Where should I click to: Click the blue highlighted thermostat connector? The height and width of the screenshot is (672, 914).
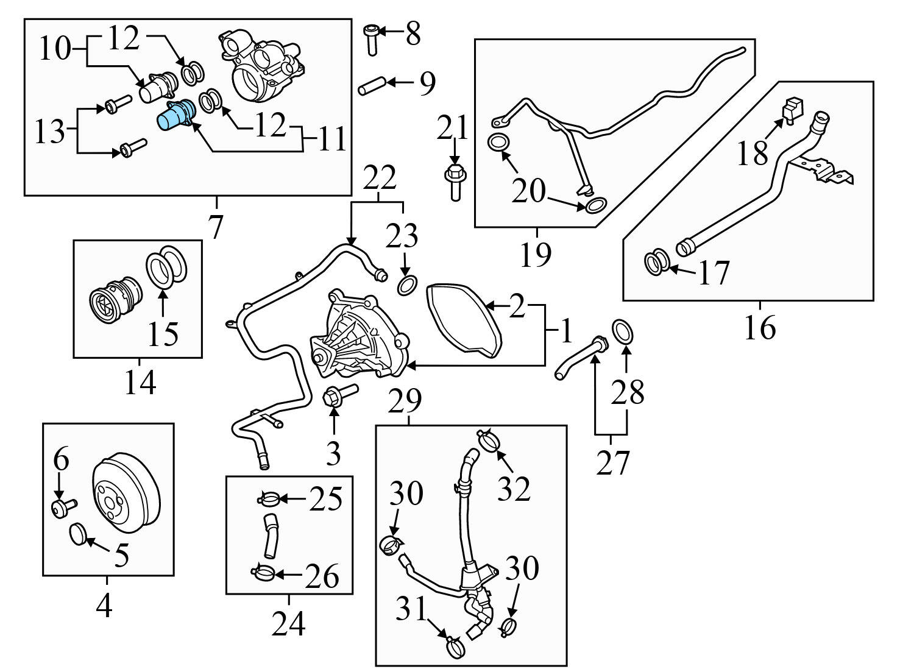click(x=175, y=116)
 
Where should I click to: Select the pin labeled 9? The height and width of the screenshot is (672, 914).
click(x=369, y=85)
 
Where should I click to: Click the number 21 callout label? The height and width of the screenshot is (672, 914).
click(x=454, y=129)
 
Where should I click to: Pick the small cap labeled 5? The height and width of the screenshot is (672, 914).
click(x=77, y=534)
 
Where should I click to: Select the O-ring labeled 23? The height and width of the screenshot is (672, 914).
click(x=408, y=285)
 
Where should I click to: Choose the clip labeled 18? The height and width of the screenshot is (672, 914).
click(x=791, y=110)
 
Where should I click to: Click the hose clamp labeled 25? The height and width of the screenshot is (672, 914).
click(x=269, y=500)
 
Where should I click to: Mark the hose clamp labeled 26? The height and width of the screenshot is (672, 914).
click(x=264, y=573)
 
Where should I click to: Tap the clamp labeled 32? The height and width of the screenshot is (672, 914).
click(x=489, y=439)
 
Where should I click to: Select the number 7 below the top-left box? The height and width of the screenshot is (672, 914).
click(x=216, y=227)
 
